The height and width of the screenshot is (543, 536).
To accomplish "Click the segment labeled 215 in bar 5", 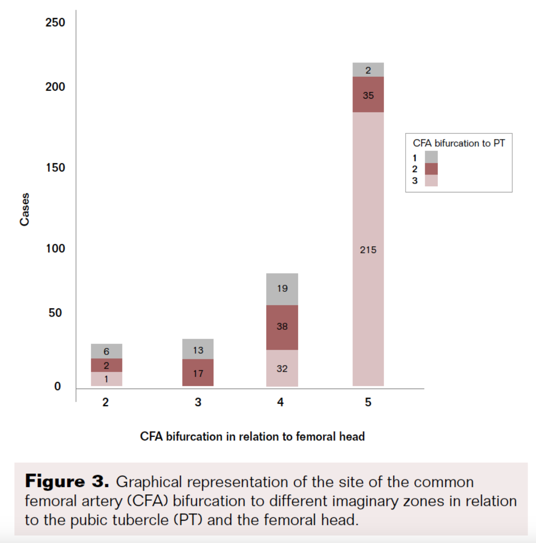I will (x=368, y=250).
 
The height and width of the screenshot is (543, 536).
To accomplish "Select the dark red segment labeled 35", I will (x=368, y=94).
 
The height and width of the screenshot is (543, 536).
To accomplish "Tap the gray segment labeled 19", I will (x=282, y=289).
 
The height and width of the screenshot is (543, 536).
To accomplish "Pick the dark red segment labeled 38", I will (x=282, y=327).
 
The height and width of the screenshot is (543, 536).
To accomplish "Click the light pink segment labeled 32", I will (x=282, y=368).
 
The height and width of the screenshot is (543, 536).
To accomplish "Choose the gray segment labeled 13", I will (x=198, y=349).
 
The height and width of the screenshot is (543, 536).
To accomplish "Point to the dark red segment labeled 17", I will (x=198, y=373).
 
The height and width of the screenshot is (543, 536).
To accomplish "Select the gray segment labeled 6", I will (x=107, y=351).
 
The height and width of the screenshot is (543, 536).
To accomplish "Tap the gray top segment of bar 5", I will (x=368, y=70).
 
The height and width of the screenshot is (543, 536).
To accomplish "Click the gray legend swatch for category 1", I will (x=431, y=157).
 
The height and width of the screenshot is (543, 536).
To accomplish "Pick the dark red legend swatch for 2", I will (x=431, y=169).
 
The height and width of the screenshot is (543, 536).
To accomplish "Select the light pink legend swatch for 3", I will (x=431, y=180).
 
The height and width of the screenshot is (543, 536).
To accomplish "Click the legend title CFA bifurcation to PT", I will (x=458, y=143).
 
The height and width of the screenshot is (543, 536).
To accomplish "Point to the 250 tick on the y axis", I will (x=55, y=22).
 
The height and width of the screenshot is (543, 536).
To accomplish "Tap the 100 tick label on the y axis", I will (x=55, y=248).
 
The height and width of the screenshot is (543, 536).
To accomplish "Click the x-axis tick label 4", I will (x=280, y=402).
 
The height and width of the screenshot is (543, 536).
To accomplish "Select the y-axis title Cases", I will (x=25, y=209).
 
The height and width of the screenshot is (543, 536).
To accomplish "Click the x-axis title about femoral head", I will (x=252, y=436).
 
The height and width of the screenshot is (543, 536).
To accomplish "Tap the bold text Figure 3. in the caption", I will (x=67, y=482).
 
